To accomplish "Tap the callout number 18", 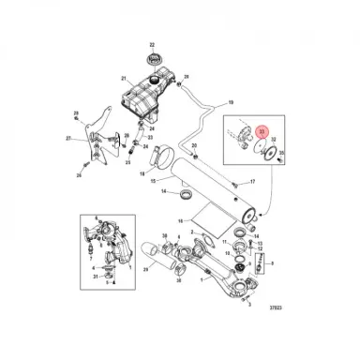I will pyautogui.click(x=143, y=174).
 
